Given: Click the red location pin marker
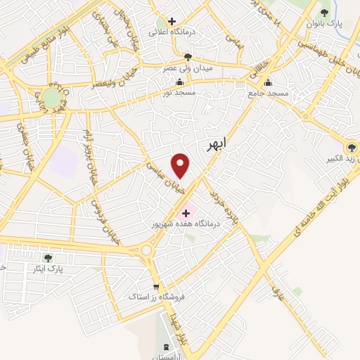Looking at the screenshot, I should (x=181, y=165).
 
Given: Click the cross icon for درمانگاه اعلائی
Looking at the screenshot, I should (x=171, y=22).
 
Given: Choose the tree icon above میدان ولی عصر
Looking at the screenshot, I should (x=187, y=57).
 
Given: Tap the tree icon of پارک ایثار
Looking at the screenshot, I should (x=48, y=258).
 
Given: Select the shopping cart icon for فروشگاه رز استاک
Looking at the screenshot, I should (x=155, y=286).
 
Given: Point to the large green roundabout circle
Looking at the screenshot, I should (x=51, y=97).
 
